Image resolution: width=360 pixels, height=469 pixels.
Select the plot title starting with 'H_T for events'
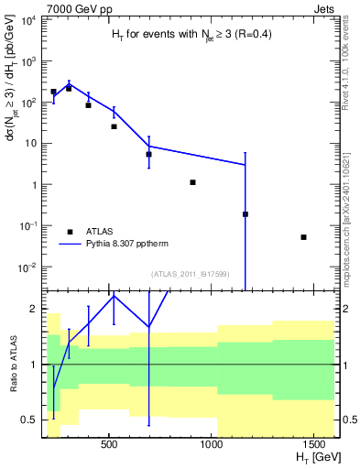(187, 35)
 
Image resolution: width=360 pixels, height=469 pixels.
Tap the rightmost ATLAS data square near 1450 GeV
(303, 237)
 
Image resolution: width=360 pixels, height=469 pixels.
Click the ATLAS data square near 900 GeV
(192, 182)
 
